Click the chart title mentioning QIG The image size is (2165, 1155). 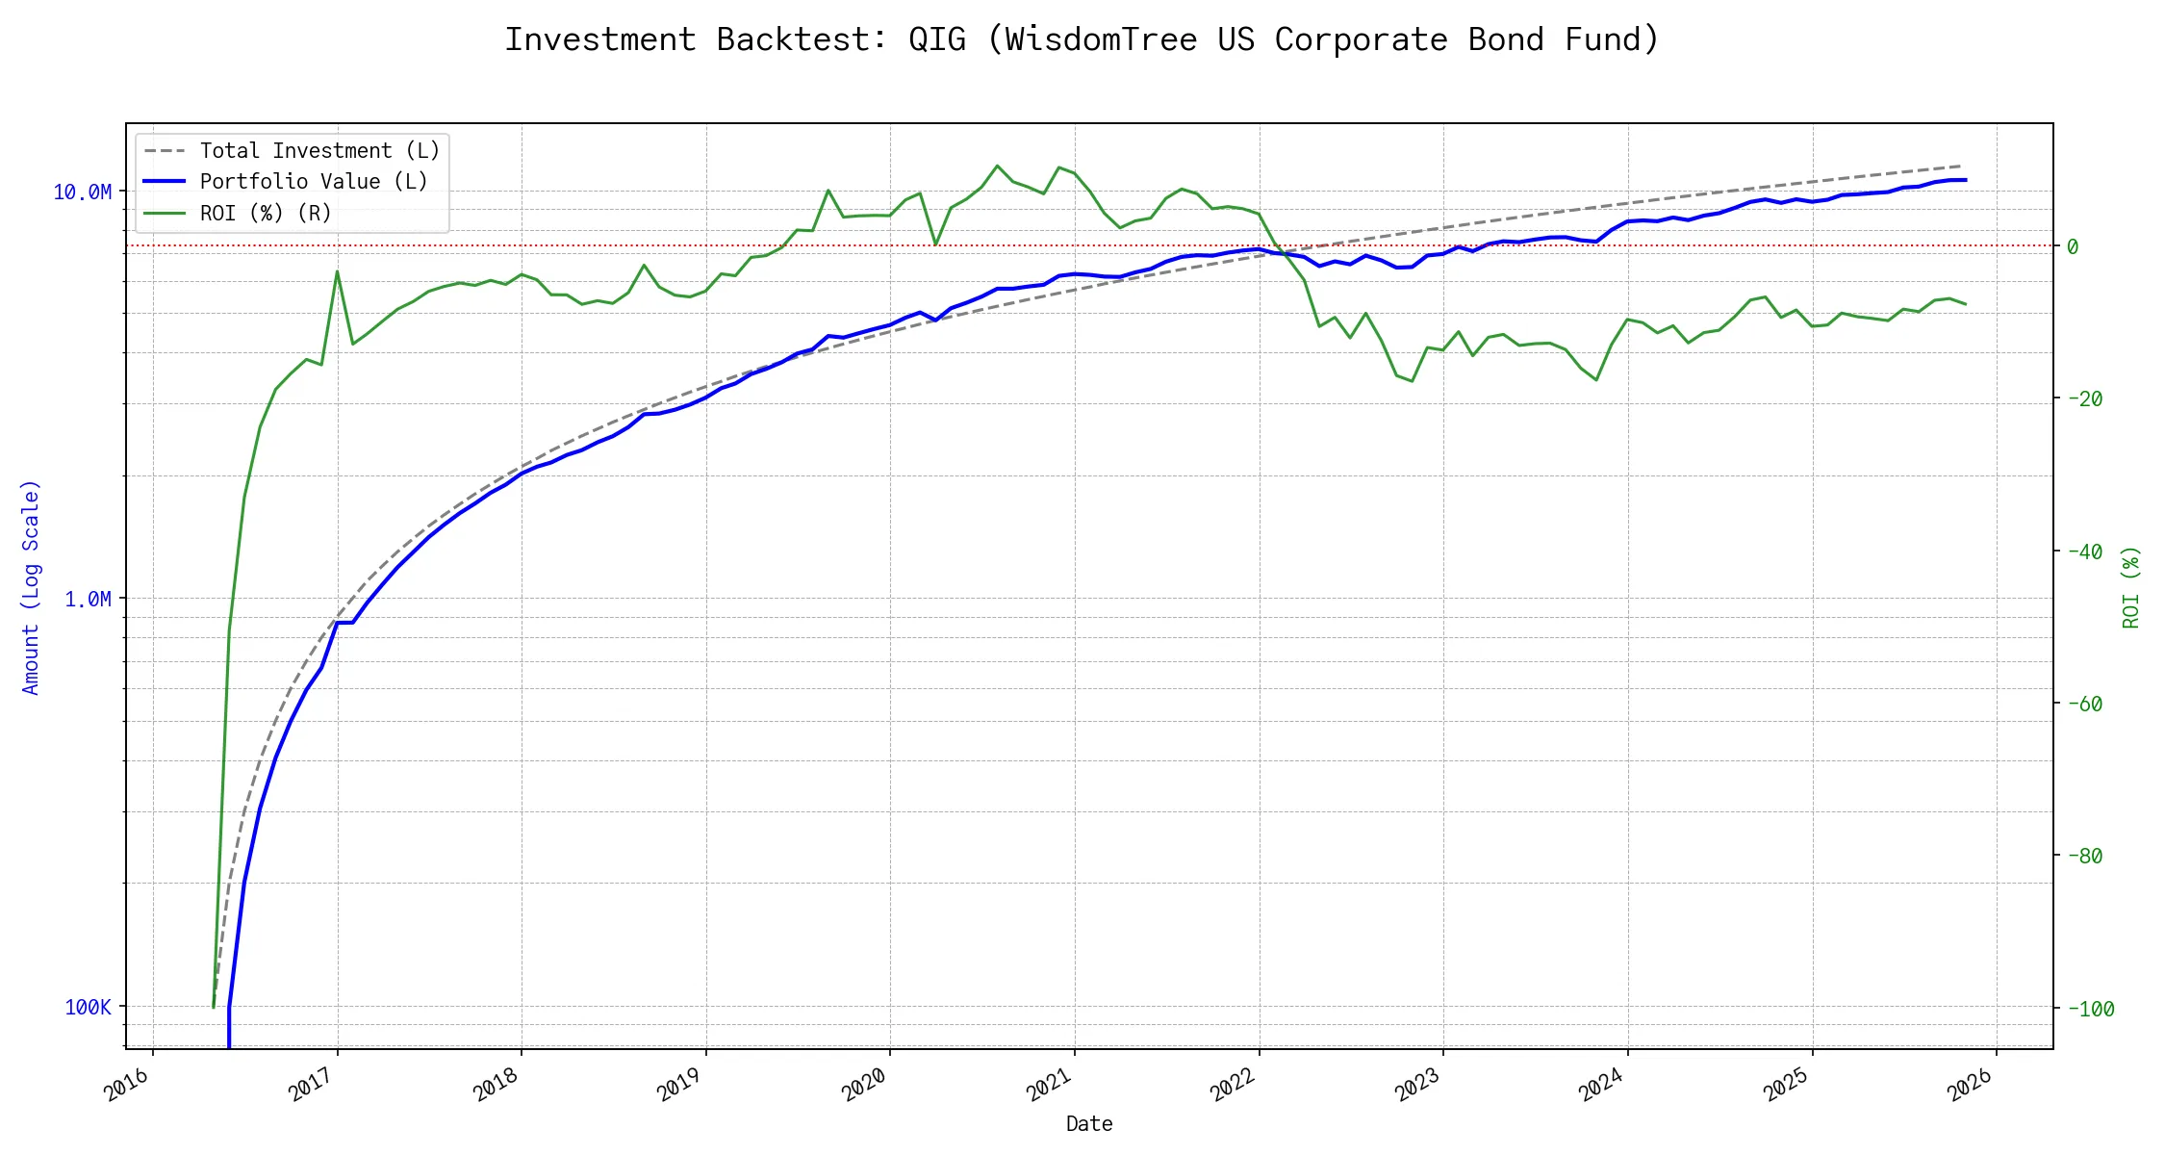1082,39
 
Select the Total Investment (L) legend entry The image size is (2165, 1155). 318,151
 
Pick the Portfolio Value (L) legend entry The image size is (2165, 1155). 313,182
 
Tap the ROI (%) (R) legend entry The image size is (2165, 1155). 265,213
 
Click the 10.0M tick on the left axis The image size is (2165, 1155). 82,192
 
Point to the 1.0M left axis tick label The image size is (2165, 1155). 88,600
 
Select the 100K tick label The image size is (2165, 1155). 88,1008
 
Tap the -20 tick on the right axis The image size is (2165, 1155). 2083,399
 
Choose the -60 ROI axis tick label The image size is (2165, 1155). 2083,705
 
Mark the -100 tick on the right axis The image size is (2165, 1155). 2088,1010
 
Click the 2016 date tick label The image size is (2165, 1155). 128,1086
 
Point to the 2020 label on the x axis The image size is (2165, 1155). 865,1086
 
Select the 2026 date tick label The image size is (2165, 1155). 1971,1086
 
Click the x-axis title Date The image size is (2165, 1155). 1089,1124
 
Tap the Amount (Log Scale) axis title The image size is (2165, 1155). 31,587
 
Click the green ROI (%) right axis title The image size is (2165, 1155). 2131,587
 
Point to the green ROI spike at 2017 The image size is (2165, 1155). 337,271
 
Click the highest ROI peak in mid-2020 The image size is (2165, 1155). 997,166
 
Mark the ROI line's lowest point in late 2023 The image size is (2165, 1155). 1596,380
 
